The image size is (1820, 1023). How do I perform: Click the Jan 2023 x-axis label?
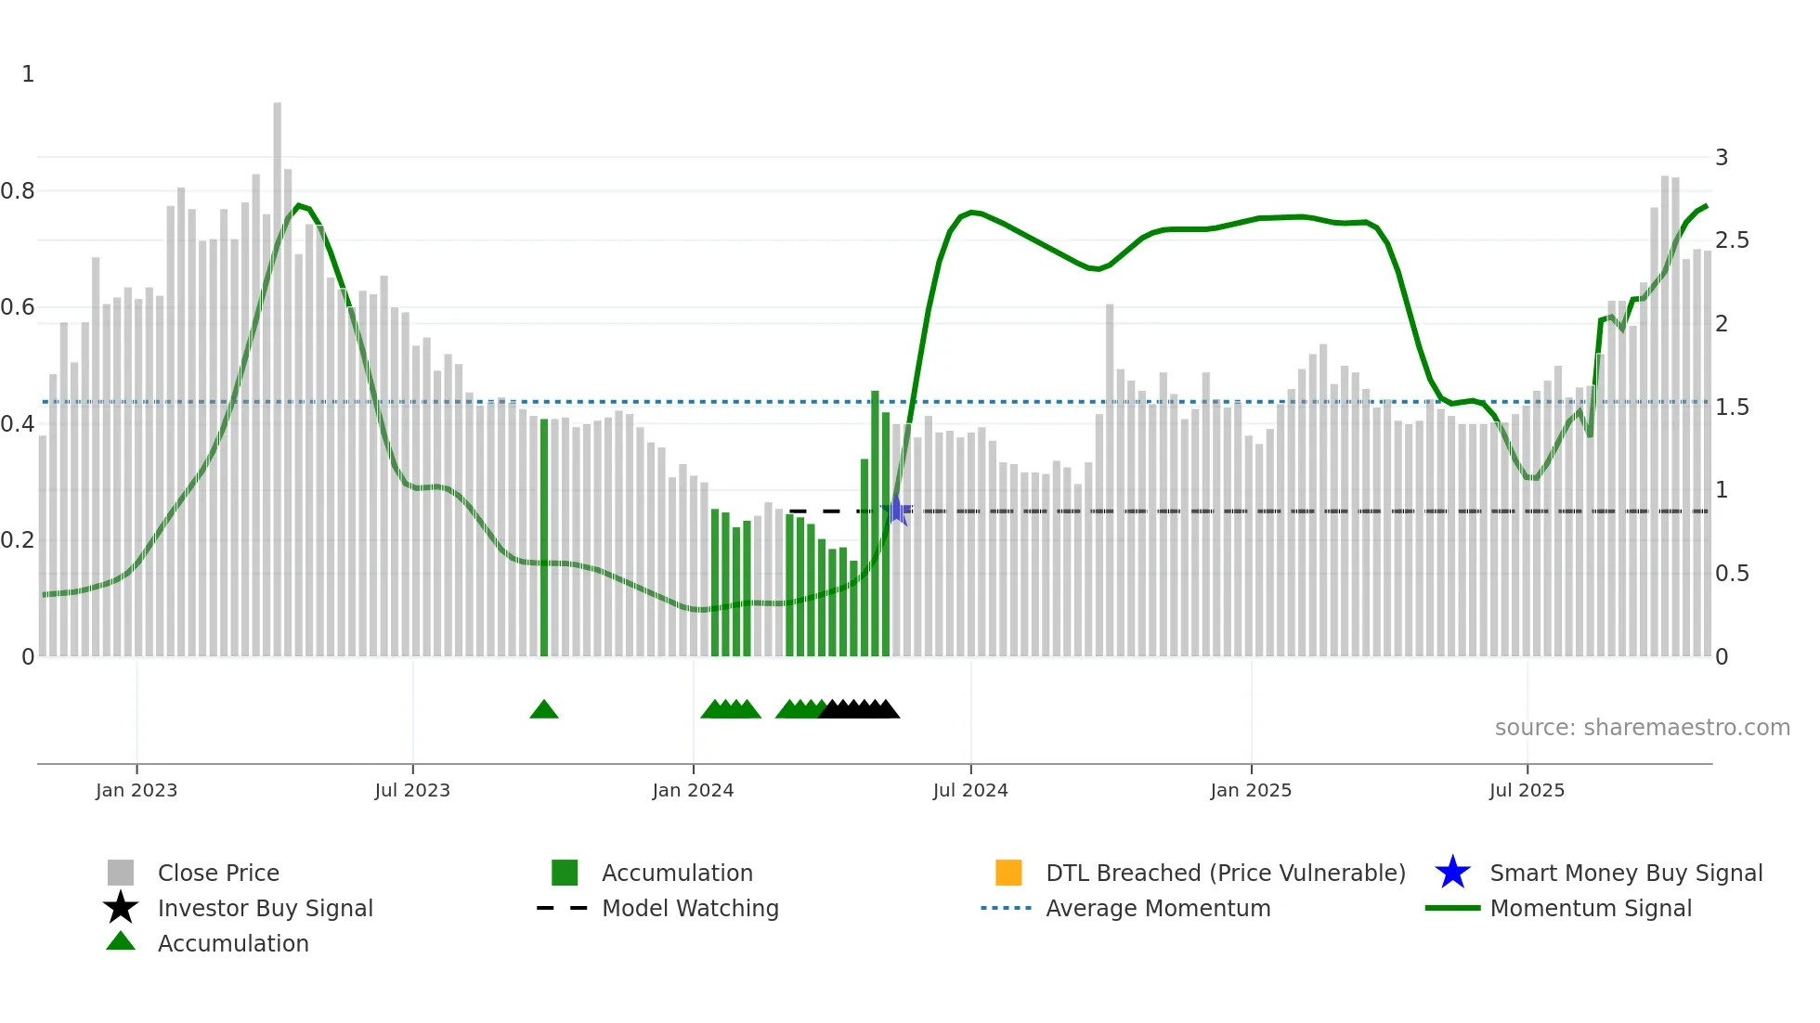[x=136, y=790]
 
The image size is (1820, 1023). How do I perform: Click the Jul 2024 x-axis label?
[x=969, y=790]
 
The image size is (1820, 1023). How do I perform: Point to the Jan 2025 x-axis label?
[x=1250, y=790]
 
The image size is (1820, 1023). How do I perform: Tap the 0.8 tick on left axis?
[x=18, y=191]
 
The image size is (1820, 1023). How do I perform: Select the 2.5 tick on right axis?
[x=1732, y=240]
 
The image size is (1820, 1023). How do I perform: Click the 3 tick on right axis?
[x=1721, y=158]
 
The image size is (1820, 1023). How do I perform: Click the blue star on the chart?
[x=897, y=510]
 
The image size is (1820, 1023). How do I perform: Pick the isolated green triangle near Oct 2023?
[x=543, y=710]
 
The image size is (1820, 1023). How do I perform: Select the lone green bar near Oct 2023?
[x=544, y=538]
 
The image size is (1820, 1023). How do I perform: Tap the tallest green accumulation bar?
[x=875, y=524]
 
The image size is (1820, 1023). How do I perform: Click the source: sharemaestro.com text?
[x=1642, y=728]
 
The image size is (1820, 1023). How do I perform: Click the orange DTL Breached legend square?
[x=1007, y=873]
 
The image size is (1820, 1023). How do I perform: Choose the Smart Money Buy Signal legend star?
[x=1452, y=873]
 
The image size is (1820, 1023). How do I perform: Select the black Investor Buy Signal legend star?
[x=121, y=908]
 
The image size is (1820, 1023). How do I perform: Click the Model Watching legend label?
[x=690, y=908]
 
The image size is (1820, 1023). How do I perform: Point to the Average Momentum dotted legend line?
[x=1006, y=908]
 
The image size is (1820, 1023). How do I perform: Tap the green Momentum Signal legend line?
[x=1451, y=908]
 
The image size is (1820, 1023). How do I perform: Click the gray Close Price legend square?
[x=121, y=873]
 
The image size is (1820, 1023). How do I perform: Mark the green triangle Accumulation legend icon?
[x=121, y=942]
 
